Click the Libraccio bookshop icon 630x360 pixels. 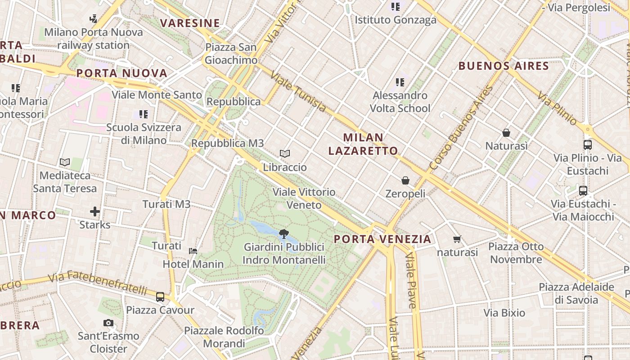(x=284, y=154)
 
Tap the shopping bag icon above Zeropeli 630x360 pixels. (x=405, y=180)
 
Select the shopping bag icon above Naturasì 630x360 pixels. (x=506, y=133)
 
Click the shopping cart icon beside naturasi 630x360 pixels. (x=457, y=239)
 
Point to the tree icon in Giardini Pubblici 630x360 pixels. (x=284, y=234)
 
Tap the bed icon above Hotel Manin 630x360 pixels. (x=193, y=251)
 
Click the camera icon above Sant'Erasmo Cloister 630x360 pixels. (x=108, y=323)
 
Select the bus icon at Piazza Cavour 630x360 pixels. (x=160, y=297)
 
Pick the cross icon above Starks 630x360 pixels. (x=95, y=211)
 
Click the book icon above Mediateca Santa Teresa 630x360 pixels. (x=65, y=162)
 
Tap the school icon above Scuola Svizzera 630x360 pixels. (x=144, y=114)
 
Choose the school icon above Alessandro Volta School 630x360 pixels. (x=400, y=82)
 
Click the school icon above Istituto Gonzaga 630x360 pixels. (x=396, y=6)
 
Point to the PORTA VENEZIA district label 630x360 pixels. (x=383, y=239)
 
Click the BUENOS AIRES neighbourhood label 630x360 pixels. (x=504, y=66)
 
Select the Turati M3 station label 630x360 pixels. (x=166, y=204)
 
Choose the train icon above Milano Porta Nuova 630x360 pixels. (x=93, y=18)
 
